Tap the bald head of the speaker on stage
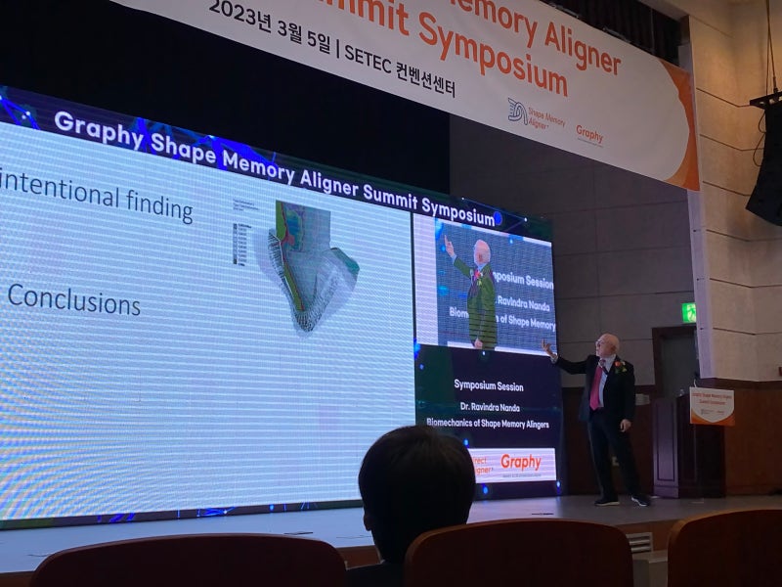(608, 344)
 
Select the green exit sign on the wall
(689, 312)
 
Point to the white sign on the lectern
(711, 405)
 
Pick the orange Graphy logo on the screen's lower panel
(520, 461)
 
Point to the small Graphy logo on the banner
(588, 134)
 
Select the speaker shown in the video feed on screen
(478, 289)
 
